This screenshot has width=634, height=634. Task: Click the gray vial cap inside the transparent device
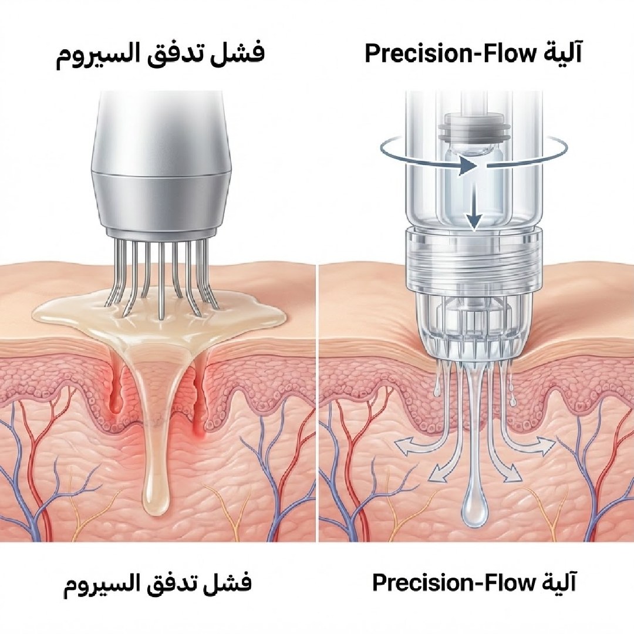click(474, 124)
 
